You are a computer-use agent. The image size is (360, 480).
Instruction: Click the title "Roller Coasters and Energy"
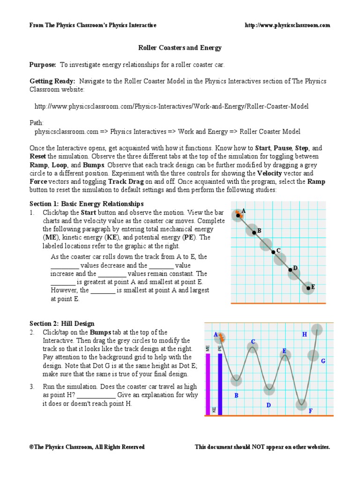[x=180, y=48]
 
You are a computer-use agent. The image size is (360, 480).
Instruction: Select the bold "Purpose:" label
[x=43, y=65]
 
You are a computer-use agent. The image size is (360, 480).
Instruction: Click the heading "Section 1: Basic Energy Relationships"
[x=86, y=204]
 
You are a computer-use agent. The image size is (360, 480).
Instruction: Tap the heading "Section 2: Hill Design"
[x=62, y=323]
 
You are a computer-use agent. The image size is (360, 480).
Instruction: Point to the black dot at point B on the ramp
[x=254, y=232]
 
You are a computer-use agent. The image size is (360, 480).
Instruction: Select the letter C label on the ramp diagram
[x=278, y=251]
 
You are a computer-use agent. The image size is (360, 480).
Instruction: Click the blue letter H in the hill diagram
[x=304, y=335]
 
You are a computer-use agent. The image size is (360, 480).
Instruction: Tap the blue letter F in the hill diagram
[x=310, y=411]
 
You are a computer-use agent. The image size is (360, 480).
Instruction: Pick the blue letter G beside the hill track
[x=323, y=361]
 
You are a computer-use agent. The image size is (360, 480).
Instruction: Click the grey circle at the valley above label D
[x=269, y=389]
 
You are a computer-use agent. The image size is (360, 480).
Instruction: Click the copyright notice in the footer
[x=87, y=447]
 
